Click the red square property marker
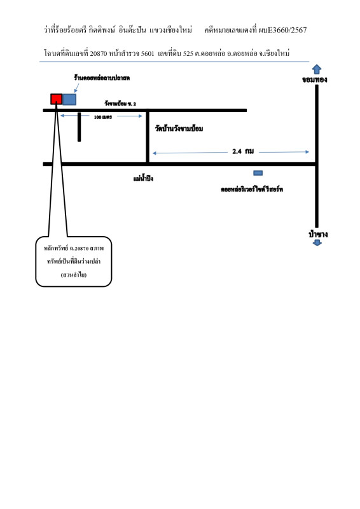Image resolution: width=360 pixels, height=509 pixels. click(56, 99)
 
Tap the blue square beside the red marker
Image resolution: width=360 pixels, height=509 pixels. click(69, 99)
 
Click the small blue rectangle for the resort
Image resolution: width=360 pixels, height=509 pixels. click(258, 173)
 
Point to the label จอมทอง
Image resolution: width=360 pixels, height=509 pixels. click(315, 80)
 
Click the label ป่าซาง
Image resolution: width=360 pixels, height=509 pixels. click(318, 234)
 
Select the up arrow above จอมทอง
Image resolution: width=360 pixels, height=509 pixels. click(317, 69)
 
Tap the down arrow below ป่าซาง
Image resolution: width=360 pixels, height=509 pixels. click(317, 243)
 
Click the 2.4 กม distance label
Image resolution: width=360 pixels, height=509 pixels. click(243, 151)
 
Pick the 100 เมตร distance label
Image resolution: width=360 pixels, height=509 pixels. click(103, 117)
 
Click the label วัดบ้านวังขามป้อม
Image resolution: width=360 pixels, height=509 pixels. click(179, 129)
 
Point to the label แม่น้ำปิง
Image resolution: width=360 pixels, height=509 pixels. click(143, 178)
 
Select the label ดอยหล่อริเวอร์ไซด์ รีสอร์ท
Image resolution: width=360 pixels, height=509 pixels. click(252, 189)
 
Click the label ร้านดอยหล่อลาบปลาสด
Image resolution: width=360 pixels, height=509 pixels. click(102, 78)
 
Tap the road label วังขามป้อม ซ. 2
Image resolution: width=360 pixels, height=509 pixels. click(120, 104)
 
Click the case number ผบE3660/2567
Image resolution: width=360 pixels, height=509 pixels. click(283, 30)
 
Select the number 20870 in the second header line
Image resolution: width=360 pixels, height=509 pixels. click(99, 53)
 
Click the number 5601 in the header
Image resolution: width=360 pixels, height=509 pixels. click(148, 53)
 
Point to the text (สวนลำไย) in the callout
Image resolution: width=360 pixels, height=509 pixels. click(74, 275)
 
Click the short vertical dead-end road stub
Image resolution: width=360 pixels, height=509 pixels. click(80, 127)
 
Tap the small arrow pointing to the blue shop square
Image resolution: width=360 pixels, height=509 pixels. click(76, 88)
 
